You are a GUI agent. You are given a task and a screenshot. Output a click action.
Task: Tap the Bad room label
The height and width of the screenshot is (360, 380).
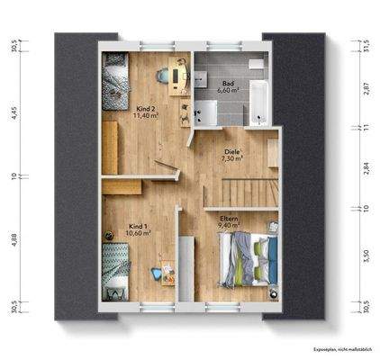click(229, 82)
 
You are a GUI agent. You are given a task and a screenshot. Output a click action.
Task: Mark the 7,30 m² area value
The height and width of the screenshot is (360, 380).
click(234, 159)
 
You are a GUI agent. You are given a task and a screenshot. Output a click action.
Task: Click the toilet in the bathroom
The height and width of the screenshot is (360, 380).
click(255, 67)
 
